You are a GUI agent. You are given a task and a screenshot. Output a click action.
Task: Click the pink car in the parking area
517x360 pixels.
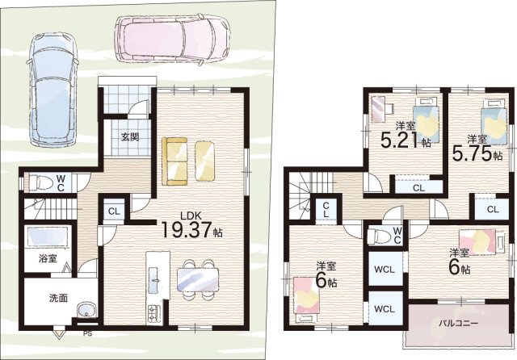[172, 38]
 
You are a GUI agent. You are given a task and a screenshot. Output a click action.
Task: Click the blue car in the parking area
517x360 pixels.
[53, 89]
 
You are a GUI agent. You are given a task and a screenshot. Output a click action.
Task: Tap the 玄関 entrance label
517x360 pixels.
[129, 136]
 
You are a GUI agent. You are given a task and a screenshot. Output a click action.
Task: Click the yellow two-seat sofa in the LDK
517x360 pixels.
[174, 162]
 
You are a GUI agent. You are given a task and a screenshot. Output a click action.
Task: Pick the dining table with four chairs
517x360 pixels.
[198, 280]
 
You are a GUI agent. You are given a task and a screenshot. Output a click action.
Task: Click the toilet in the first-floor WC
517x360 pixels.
[41, 183]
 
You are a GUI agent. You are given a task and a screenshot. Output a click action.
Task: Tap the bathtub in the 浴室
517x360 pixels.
[48, 237]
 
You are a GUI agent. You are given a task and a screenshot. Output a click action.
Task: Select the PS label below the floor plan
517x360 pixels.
[87, 333]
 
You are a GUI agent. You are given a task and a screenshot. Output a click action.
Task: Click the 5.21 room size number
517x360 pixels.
[401, 140]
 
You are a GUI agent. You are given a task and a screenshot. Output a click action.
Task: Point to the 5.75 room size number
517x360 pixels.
[472, 153]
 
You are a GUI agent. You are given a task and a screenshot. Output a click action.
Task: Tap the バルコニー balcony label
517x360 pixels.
[458, 323]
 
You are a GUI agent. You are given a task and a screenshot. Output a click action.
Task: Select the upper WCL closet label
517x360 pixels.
[385, 269]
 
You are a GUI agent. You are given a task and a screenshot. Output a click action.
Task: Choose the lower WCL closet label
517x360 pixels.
[385, 309]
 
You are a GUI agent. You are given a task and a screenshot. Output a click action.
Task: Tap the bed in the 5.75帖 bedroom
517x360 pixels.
[494, 121]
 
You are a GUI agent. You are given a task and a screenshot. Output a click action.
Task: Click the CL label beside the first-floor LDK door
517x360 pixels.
[114, 211]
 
